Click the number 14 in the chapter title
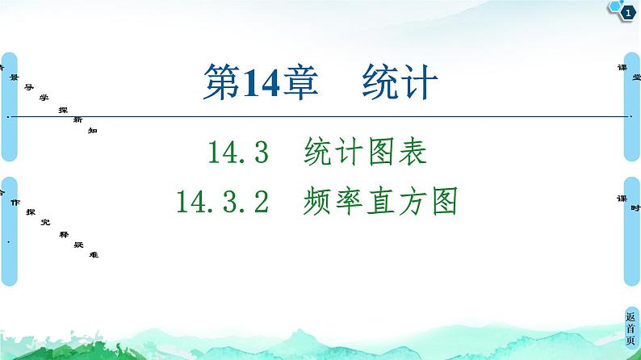(254, 83)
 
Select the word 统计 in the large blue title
(400, 83)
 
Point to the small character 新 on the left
(78, 119)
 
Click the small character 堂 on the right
(636, 77)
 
